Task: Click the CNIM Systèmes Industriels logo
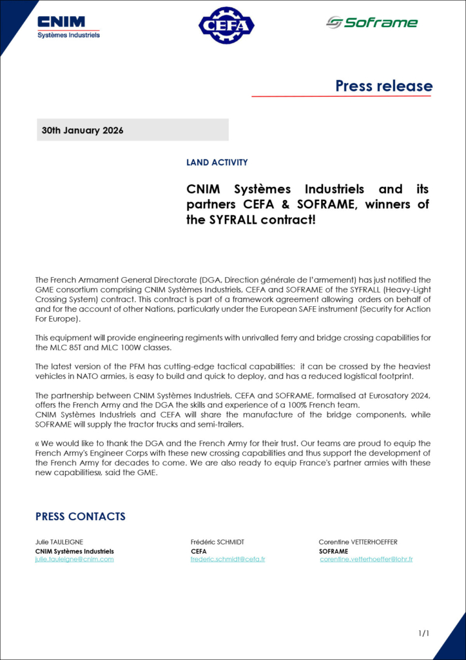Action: [69, 26]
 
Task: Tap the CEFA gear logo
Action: [226, 25]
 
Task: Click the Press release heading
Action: [383, 86]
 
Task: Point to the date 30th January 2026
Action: [83, 130]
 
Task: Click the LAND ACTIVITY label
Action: [217, 162]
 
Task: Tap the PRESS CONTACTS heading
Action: [80, 516]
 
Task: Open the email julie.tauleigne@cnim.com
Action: [74, 559]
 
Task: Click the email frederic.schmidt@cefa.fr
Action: [228, 559]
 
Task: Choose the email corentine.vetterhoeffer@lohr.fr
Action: [366, 559]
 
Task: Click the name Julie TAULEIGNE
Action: [59, 543]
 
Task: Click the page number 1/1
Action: [423, 634]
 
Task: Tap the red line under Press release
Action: [341, 96]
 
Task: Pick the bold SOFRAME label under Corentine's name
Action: [333, 551]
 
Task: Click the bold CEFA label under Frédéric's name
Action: [199, 551]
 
